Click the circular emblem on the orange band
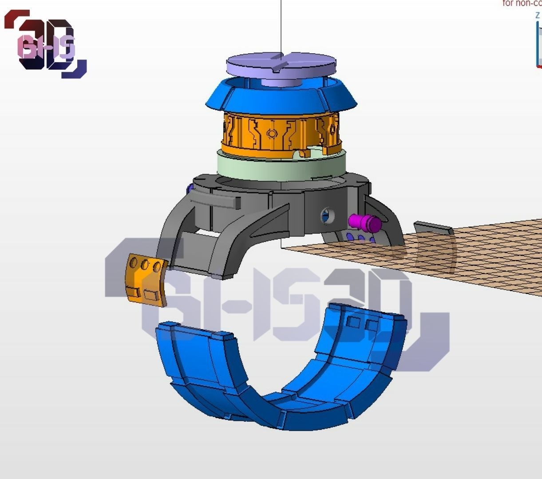pos(272,133)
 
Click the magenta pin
pos(364,223)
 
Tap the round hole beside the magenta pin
pos(328,216)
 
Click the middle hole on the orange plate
pos(145,266)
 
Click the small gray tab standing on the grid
pos(433,228)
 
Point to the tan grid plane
pos(488,257)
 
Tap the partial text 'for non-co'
pos(522,4)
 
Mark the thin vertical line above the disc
pos(281,27)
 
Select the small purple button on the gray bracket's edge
pos(190,189)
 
